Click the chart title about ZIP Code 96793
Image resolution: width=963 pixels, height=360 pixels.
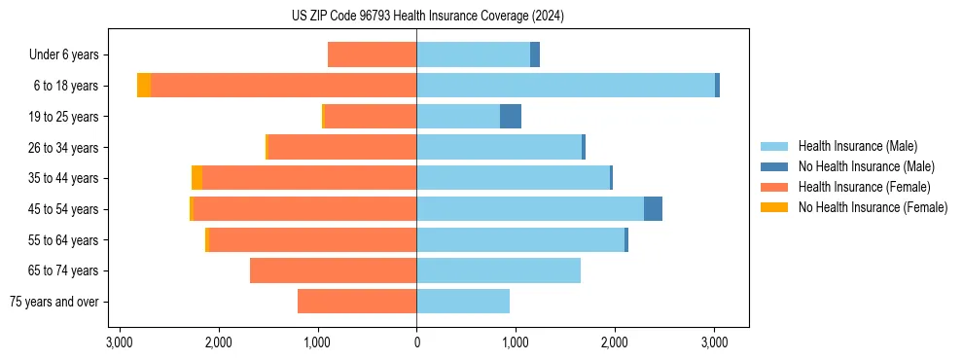[x=427, y=17]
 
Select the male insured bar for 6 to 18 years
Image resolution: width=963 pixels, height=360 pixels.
[x=565, y=86]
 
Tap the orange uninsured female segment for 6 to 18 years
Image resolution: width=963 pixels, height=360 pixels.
[x=144, y=86]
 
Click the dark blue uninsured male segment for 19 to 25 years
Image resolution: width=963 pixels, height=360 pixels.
[x=511, y=117]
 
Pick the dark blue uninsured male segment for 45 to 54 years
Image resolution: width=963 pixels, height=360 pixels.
[x=653, y=209]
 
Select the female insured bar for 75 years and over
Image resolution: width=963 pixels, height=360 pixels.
[x=357, y=302]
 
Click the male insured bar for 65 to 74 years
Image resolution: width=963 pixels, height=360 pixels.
[x=498, y=270]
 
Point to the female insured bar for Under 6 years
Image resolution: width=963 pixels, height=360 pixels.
[x=373, y=54]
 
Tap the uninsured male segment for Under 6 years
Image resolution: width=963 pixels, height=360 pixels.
[x=535, y=54]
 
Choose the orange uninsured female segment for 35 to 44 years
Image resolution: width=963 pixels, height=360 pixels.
[x=196, y=178]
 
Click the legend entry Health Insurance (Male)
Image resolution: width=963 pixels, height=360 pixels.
[x=857, y=146]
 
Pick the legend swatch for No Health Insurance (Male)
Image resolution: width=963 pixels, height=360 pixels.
[x=774, y=166]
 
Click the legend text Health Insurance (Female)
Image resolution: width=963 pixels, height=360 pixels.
[x=865, y=187]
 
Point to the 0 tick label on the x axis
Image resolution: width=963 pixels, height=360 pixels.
[x=416, y=342]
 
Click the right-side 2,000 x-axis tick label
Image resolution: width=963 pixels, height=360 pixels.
[x=615, y=342]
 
